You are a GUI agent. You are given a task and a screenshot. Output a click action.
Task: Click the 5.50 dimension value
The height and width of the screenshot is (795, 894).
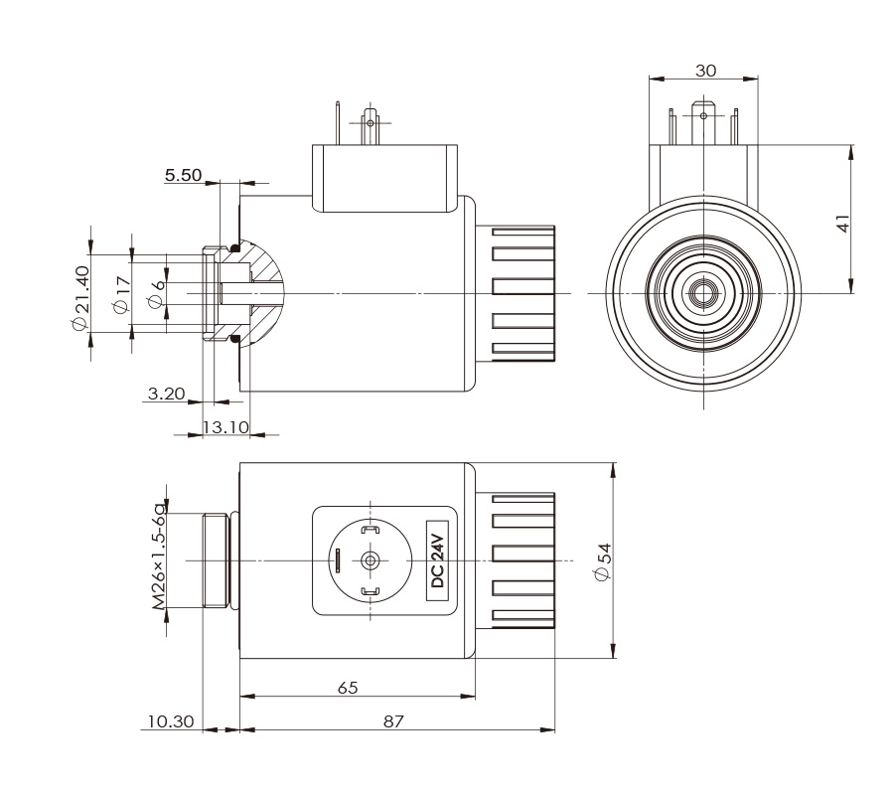click(x=183, y=175)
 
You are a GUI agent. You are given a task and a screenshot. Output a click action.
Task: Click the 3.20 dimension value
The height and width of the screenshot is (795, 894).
click(x=166, y=394)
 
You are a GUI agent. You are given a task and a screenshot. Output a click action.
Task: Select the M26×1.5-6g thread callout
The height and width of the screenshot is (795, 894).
click(x=159, y=557)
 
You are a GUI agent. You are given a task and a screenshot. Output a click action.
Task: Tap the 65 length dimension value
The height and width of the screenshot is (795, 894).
click(x=347, y=688)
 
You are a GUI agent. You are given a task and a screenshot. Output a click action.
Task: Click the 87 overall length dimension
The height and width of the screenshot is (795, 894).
click(x=394, y=721)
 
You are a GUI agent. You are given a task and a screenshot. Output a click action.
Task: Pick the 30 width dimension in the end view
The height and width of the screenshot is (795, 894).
click(x=705, y=71)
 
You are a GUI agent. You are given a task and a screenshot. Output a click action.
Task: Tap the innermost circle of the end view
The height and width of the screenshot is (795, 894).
click(x=704, y=294)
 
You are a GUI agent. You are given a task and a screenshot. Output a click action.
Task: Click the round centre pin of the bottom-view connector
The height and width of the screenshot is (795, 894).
click(x=371, y=560)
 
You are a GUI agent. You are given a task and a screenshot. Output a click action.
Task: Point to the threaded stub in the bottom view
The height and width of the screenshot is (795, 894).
click(x=216, y=560)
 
